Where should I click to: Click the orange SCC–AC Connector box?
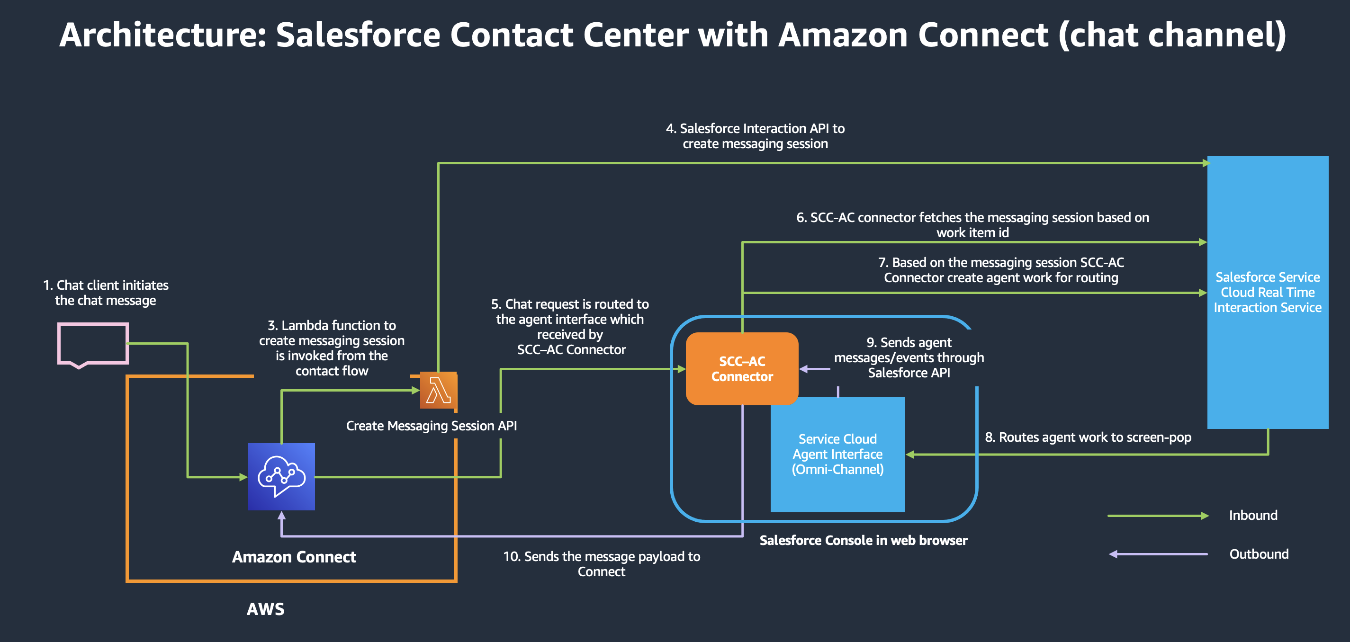pyautogui.click(x=742, y=369)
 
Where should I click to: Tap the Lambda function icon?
pyautogui.click(x=438, y=391)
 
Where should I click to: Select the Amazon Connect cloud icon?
pyautogui.click(x=281, y=476)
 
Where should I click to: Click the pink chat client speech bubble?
pyautogui.click(x=93, y=344)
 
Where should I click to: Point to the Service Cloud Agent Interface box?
pyautogui.click(x=837, y=454)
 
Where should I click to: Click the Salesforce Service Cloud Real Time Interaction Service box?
pyautogui.click(x=1267, y=292)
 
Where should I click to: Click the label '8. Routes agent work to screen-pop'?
pyautogui.click(x=1088, y=437)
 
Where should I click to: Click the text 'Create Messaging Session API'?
pyautogui.click(x=432, y=426)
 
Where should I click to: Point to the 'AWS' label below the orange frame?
pyautogui.click(x=265, y=609)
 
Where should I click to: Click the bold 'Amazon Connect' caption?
pyautogui.click(x=294, y=557)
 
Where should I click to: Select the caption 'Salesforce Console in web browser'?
pyautogui.click(x=863, y=540)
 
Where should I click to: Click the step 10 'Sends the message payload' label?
pyautogui.click(x=601, y=564)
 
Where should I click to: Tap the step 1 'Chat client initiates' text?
pyautogui.click(x=106, y=293)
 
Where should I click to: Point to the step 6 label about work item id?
pyautogui.click(x=972, y=224)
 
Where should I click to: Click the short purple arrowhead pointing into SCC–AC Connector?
pyautogui.click(x=804, y=369)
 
